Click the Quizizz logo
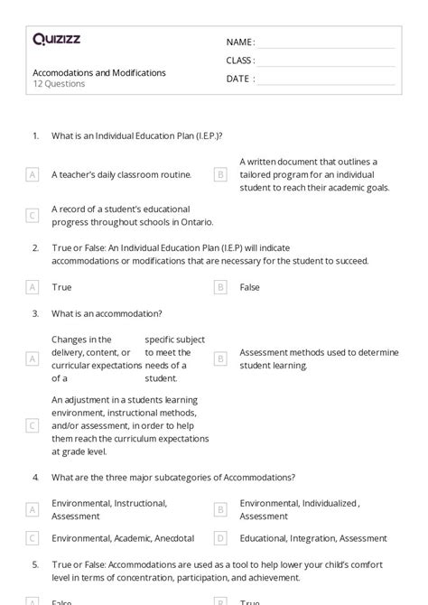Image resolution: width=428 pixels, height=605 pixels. pos(57,39)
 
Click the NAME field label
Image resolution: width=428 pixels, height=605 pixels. pos(239,42)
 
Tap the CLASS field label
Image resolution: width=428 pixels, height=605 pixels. pos(240,60)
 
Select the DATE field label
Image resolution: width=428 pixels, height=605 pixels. pos(239,79)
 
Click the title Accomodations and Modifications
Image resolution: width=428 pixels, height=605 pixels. pos(99,72)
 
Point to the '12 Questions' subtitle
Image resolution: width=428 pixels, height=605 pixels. pos(60,84)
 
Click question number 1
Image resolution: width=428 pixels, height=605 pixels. pos(36,135)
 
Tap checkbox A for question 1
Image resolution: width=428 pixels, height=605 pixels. pos(33,175)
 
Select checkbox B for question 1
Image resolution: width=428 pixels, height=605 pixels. pos(220,175)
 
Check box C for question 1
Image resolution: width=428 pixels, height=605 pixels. pos(33,215)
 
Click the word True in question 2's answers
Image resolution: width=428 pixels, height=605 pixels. pos(61,287)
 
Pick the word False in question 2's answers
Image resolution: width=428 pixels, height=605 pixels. pos(250,287)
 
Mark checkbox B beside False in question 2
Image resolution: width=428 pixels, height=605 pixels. pos(220,287)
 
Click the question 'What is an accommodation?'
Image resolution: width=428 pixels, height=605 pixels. pos(107,313)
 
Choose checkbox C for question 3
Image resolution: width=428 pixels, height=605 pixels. pos(33,424)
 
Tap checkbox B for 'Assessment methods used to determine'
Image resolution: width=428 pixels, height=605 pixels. pos(220,358)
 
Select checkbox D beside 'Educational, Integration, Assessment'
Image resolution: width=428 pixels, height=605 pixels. pos(220,538)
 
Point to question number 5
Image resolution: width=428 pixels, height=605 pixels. pos(36,564)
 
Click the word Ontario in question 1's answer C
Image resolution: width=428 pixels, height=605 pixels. pos(195,221)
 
